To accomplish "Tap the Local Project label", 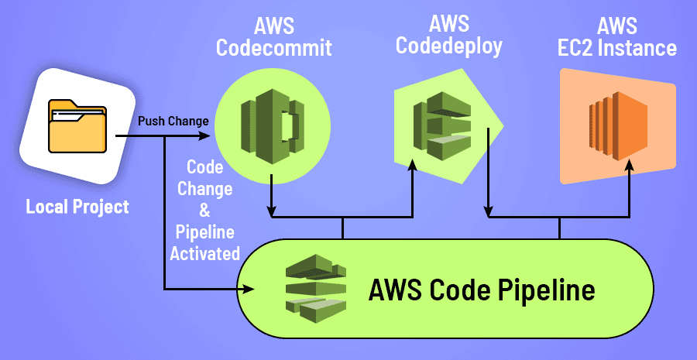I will (x=77, y=207).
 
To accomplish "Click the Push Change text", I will (x=173, y=122).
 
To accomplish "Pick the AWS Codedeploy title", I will (x=448, y=35).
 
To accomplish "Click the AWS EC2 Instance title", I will (x=617, y=37).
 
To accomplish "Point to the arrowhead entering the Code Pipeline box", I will (x=249, y=290).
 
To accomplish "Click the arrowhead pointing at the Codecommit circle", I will (x=205, y=137).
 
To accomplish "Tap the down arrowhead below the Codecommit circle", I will (x=272, y=210).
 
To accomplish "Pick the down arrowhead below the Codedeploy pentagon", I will (x=489, y=210).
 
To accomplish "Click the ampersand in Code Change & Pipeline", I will (x=205, y=210).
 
